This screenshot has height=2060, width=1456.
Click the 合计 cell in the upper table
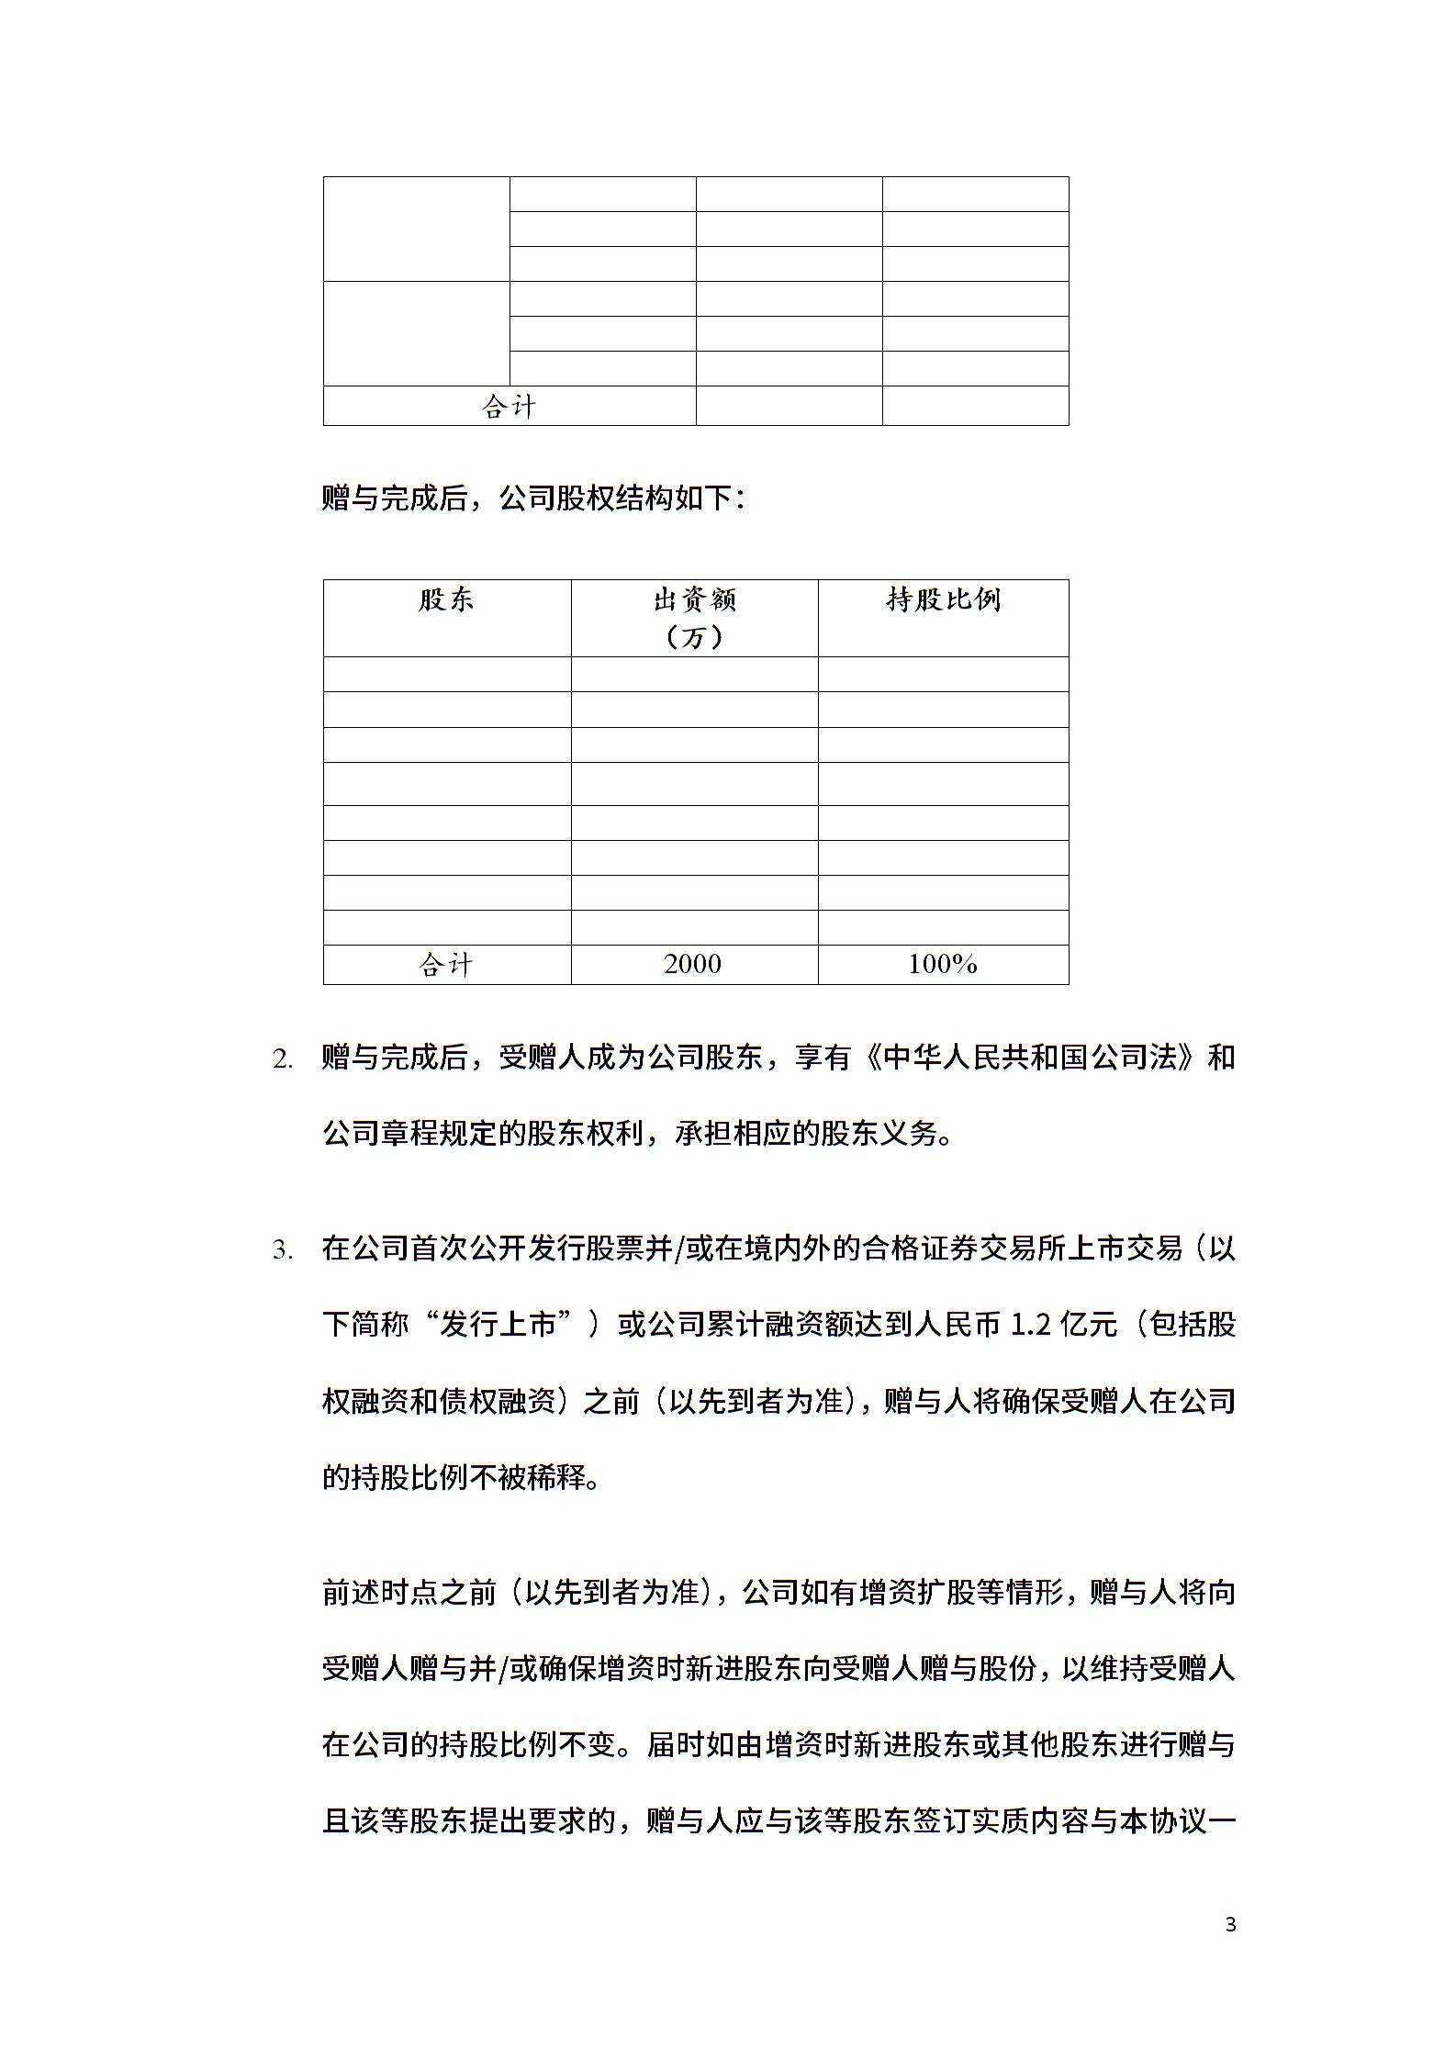pyautogui.click(x=510, y=406)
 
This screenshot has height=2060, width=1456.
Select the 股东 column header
pyautogui.click(x=446, y=600)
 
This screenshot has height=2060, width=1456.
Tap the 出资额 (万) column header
pyautogui.click(x=694, y=618)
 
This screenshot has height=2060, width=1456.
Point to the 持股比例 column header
pyautogui.click(x=943, y=600)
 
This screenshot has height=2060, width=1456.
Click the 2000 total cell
pyautogui.click(x=693, y=964)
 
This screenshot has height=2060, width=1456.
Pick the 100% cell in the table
pyautogui.click(x=943, y=964)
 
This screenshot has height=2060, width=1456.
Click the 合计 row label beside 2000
pyautogui.click(x=446, y=964)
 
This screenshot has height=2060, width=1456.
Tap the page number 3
pyautogui.click(x=1231, y=1917)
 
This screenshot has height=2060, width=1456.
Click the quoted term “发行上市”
pyautogui.click(x=499, y=1326)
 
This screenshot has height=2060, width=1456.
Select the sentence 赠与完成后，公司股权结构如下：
pyautogui.click(x=534, y=498)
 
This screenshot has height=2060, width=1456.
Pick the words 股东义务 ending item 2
pyautogui.click(x=879, y=1135)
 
